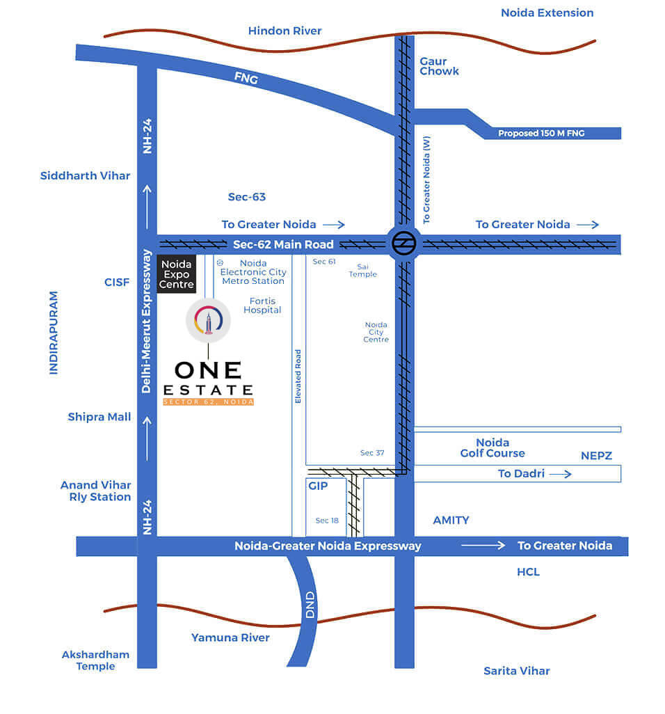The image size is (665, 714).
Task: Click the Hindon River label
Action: pos(285,31)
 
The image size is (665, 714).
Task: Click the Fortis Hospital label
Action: pos(262,306)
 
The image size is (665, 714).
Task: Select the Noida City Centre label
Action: pos(376,332)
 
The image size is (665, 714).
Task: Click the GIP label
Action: pos(317,486)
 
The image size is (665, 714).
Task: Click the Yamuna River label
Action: pos(230,637)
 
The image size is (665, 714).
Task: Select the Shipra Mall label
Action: pos(99,417)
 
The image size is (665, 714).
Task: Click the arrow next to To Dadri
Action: pos(559,474)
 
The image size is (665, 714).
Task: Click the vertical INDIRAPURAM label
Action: pos(54,333)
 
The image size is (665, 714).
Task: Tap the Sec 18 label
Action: pos(326,521)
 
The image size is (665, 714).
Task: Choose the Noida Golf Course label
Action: pos(492,447)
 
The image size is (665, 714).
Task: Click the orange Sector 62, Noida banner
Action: pos(208,402)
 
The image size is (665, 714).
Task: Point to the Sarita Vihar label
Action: pos(517,671)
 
